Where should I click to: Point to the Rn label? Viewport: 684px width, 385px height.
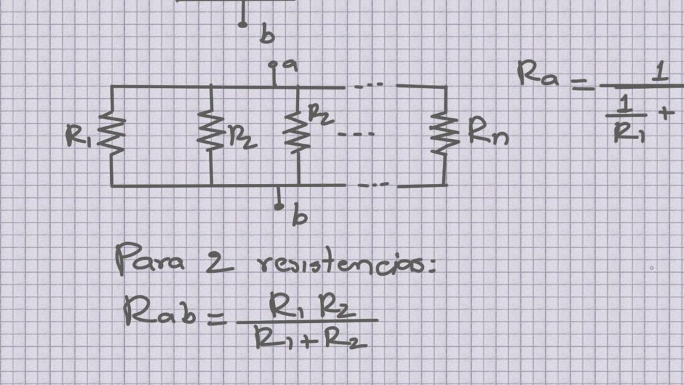[x=487, y=135]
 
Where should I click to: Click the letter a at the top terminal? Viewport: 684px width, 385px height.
[x=290, y=66]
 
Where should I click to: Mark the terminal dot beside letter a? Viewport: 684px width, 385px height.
[x=273, y=66]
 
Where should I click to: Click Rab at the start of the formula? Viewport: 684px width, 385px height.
[x=160, y=311]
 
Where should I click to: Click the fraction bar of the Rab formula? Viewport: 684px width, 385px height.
[x=307, y=322]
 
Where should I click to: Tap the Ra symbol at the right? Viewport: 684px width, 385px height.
[x=540, y=74]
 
